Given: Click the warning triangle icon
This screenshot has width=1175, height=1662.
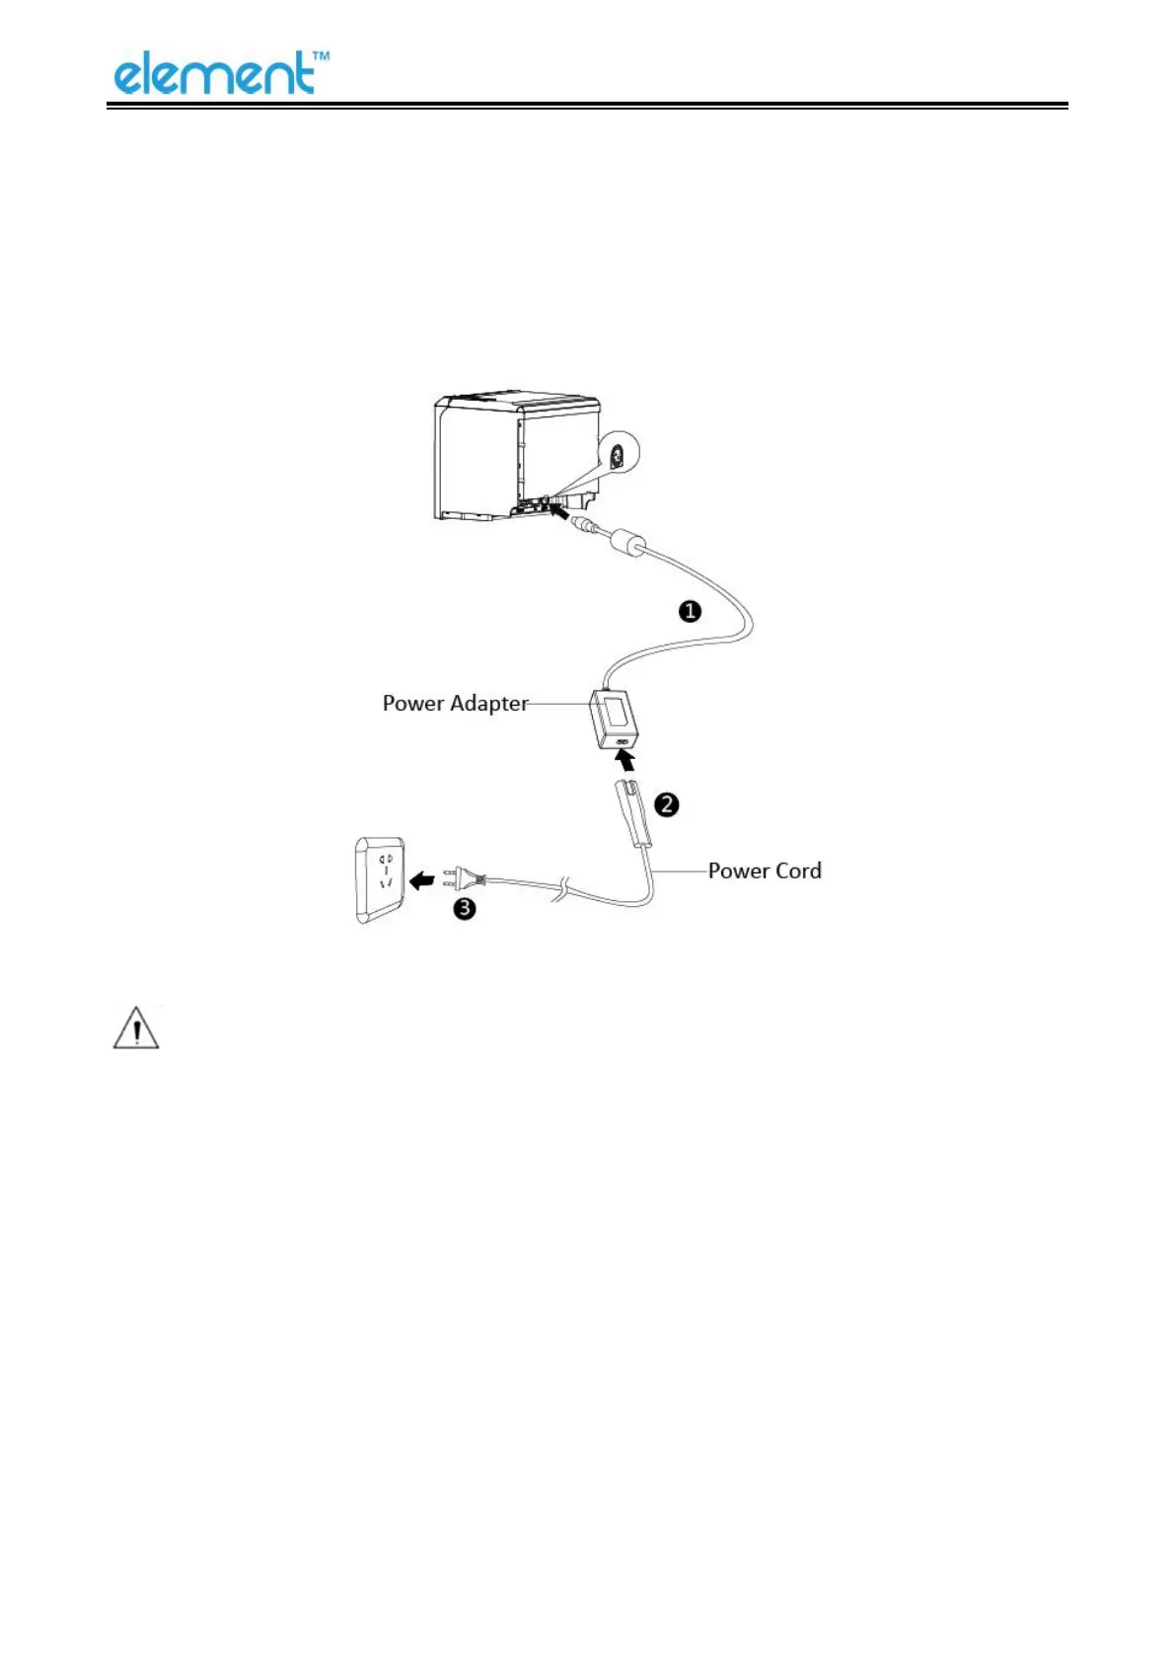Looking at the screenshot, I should point(136,1028).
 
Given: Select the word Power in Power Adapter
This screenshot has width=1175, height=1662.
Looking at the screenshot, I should point(413,704).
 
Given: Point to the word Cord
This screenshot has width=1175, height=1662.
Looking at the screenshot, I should point(798,870).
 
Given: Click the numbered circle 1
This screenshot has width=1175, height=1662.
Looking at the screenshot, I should point(690,612).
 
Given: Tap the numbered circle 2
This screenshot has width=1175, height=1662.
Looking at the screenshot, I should point(667,804).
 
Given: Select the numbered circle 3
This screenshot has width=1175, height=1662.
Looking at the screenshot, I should point(464,908).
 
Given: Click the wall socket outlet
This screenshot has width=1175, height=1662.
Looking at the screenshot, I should point(381,879).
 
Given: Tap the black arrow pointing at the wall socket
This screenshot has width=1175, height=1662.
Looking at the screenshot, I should point(422,878).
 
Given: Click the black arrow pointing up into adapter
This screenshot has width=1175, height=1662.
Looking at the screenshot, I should point(624,760).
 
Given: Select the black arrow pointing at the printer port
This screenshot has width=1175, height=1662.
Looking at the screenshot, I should point(558,510).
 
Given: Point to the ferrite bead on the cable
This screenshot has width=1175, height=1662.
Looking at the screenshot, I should point(627,542).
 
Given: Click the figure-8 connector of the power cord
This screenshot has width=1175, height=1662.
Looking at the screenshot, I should point(633,811).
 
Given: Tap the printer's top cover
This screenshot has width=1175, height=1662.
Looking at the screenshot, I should point(519,402).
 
